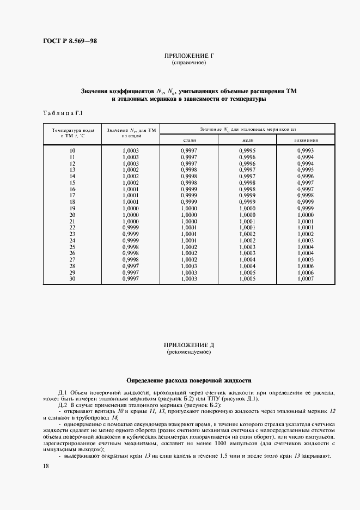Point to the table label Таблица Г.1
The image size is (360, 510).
[62, 113]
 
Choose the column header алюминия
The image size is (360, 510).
[306, 140]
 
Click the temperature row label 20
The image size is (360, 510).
[72, 215]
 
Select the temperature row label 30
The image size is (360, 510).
[72, 279]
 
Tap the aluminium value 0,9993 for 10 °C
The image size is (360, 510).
[306, 150]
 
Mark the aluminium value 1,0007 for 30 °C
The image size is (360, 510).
[306, 279]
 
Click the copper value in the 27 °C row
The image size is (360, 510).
[247, 260]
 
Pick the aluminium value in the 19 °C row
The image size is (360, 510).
[306, 208]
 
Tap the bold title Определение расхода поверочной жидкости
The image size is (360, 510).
[188, 380]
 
